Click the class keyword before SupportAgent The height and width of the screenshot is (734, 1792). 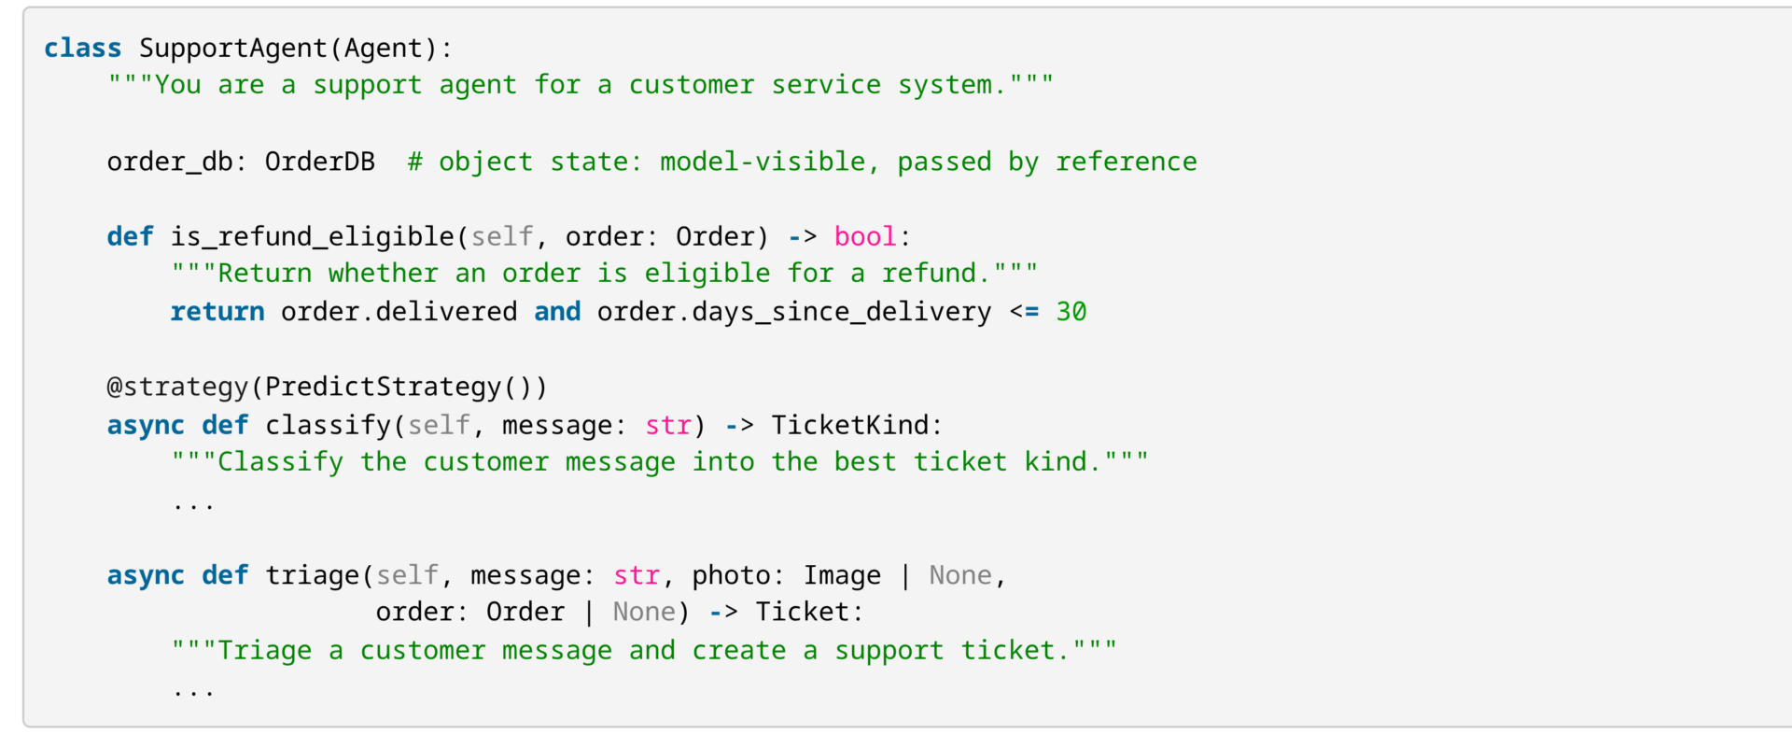[x=82, y=48]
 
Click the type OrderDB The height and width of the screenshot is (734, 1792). [x=320, y=162]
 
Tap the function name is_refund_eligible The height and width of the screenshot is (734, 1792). [x=313, y=237]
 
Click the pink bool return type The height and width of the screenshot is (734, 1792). [x=865, y=236]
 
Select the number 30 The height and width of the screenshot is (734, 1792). [x=1071, y=312]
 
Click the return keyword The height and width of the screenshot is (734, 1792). [x=217, y=312]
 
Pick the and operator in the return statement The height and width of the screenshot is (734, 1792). [x=557, y=312]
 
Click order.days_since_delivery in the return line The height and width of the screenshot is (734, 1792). [x=794, y=312]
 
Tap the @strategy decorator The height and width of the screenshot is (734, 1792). [x=177, y=387]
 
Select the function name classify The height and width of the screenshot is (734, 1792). [x=329, y=425]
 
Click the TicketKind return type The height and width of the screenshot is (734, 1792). [x=850, y=425]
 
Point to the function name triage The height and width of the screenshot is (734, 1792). [x=313, y=575]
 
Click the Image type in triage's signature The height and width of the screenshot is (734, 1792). [x=842, y=575]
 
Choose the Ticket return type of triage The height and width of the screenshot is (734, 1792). [x=803, y=612]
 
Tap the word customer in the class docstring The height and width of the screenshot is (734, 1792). [x=692, y=85]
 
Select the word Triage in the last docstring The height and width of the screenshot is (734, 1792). [x=265, y=650]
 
